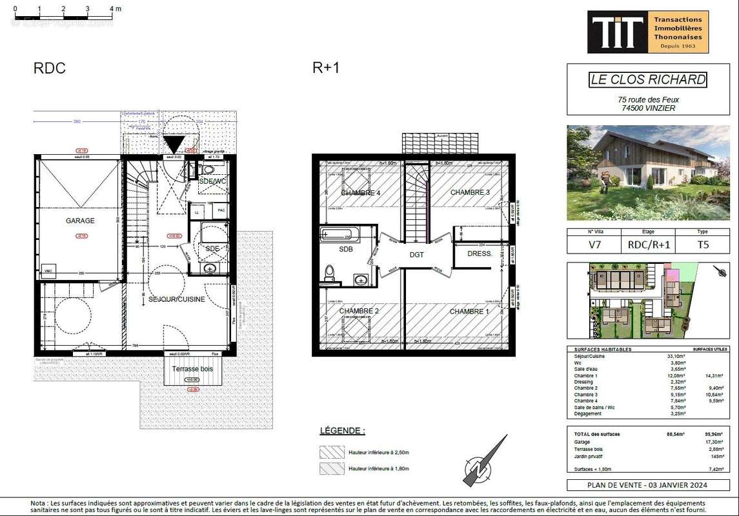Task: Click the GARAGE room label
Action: point(80,221)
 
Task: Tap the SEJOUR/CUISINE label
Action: point(177,299)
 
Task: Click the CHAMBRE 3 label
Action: point(470,192)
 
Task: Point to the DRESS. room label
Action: point(480,253)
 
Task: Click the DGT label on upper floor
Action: point(417,255)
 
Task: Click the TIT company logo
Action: point(618,32)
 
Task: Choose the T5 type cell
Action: point(702,245)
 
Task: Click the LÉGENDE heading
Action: point(342,430)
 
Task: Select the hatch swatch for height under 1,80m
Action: point(332,469)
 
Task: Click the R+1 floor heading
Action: point(326,68)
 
